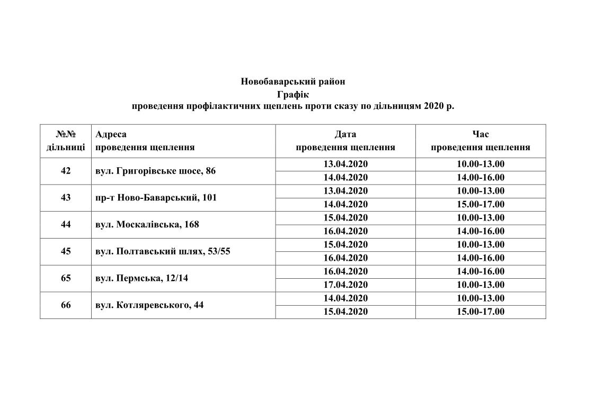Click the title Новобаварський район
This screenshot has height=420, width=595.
pyautogui.click(x=292, y=81)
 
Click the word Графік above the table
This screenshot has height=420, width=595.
pyautogui.click(x=292, y=94)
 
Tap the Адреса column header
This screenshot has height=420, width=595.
pyautogui.click(x=111, y=134)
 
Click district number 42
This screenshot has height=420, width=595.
pyautogui.click(x=66, y=171)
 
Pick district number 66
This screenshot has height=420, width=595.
pyautogui.click(x=66, y=305)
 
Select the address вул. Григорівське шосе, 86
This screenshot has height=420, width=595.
pyautogui.click(x=156, y=171)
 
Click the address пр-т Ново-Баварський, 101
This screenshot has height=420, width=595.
pyautogui.click(x=156, y=198)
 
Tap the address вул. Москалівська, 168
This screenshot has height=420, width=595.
pyautogui.click(x=147, y=224)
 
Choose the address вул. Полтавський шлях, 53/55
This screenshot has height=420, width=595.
pyautogui.click(x=163, y=251)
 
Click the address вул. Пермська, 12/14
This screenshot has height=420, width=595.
pyautogui.click(x=141, y=278)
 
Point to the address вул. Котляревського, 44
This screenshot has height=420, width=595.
pyautogui.click(x=149, y=305)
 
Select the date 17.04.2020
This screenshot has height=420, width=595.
pyautogui.click(x=345, y=285)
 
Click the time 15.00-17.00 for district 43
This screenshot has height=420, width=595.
pyautogui.click(x=481, y=204)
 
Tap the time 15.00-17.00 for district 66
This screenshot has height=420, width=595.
pyautogui.click(x=481, y=312)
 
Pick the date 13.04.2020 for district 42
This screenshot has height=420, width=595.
pyautogui.click(x=345, y=164)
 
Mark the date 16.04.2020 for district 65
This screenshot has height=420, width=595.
pyautogui.click(x=345, y=271)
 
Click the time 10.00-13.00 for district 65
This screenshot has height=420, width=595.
pyautogui.click(x=481, y=285)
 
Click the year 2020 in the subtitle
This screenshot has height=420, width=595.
pyautogui.click(x=434, y=106)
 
